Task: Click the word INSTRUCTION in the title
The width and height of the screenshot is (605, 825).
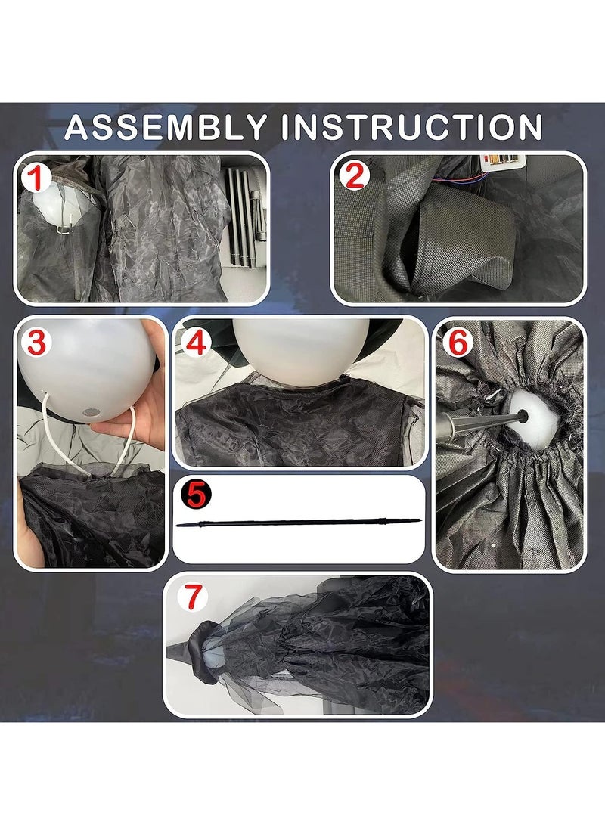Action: tap(412, 127)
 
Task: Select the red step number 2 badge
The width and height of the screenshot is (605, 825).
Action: tap(355, 176)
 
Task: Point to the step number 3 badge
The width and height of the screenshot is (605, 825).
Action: tap(36, 343)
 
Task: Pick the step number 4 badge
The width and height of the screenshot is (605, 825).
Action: tap(195, 343)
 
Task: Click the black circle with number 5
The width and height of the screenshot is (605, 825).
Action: tap(194, 495)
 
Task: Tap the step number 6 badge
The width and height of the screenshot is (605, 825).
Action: tap(458, 343)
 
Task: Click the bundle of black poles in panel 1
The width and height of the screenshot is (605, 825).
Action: tap(242, 218)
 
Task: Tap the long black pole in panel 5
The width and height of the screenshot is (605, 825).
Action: tap(298, 523)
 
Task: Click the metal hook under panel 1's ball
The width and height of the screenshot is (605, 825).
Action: tap(63, 228)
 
